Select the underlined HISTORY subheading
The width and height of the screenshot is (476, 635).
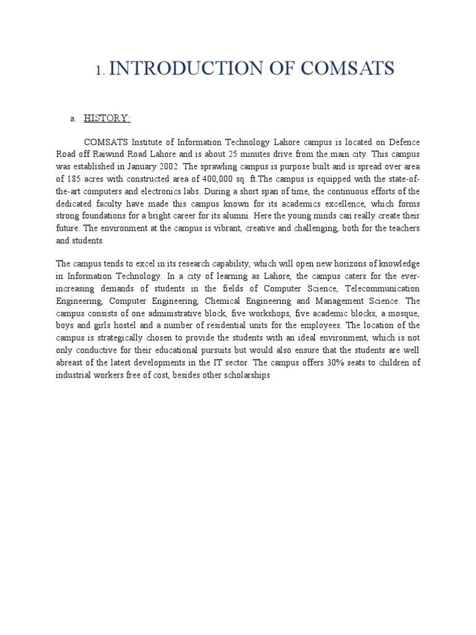pyautogui.click(x=107, y=118)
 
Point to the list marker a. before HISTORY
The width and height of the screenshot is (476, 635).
pyautogui.click(x=73, y=119)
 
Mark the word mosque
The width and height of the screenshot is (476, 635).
pyautogui.click(x=405, y=314)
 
